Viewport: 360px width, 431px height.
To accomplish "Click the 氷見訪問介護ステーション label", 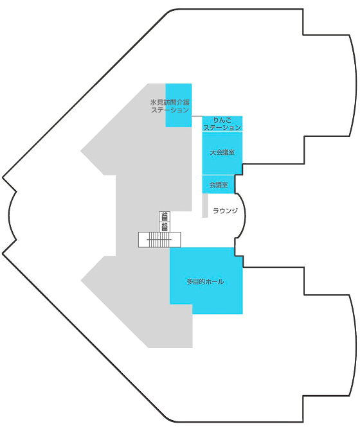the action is click(x=170, y=106).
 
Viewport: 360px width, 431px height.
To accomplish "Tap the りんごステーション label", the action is click(x=222, y=124).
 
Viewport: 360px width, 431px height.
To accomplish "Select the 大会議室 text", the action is click(x=222, y=152).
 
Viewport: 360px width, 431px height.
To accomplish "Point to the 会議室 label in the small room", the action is click(x=219, y=185).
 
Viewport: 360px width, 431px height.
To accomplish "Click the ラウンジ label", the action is click(x=225, y=211).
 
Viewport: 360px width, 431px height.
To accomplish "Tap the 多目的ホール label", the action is click(x=205, y=281).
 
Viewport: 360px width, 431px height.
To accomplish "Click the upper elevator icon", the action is click(x=165, y=216).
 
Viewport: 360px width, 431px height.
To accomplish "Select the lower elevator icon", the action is click(x=165, y=227).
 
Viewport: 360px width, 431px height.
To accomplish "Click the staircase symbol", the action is click(x=159, y=240).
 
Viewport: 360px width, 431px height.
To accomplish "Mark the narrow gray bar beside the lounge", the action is click(x=205, y=206).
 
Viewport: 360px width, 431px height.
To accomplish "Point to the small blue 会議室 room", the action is click(x=219, y=184).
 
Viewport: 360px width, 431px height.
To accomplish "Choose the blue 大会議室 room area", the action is click(x=222, y=153).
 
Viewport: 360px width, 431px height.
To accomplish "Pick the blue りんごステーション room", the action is click(x=222, y=124).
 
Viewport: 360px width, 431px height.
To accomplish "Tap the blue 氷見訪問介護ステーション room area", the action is click(x=179, y=105).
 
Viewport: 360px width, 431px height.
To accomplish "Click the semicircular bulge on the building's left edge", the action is click(x=10, y=215).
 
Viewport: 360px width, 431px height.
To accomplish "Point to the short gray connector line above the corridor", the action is click(x=197, y=116).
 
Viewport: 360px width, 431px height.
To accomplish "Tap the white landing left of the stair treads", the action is click(x=143, y=240).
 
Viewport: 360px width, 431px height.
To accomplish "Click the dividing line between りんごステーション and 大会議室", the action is click(x=222, y=132).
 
